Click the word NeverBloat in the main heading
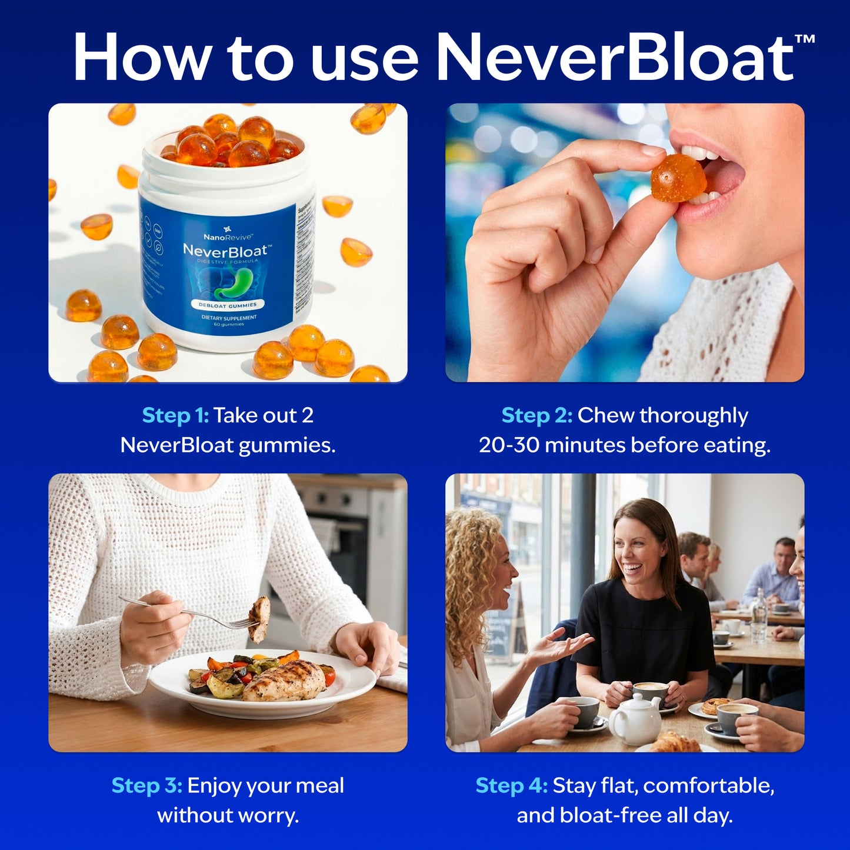pyautogui.click(x=615, y=57)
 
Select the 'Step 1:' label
pyautogui.click(x=175, y=415)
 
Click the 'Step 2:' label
pyautogui.click(x=536, y=415)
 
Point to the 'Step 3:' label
pyautogui.click(x=146, y=785)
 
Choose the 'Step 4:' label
pyautogui.click(x=511, y=785)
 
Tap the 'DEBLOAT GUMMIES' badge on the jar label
pyautogui.click(x=228, y=305)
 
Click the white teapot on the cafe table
pyautogui.click(x=635, y=719)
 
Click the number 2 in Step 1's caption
pyautogui.click(x=307, y=415)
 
